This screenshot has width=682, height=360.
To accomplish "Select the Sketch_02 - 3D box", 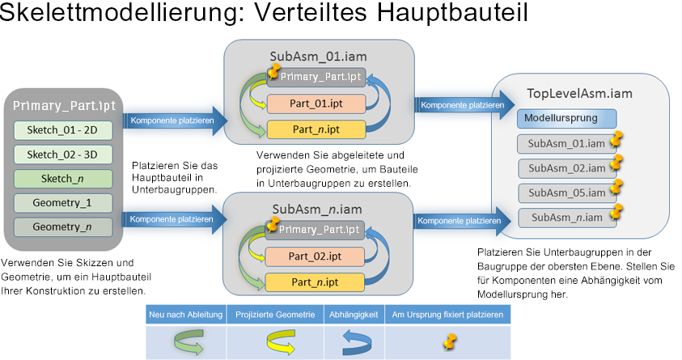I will pos(63,155).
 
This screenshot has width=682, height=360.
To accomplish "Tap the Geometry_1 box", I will pos(63,202).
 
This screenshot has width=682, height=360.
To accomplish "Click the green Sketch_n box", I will pos(63,178).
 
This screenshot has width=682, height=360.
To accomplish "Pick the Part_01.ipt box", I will pos(316,104).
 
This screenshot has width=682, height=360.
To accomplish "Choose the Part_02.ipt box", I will pos(316,256).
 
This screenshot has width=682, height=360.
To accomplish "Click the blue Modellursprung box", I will pos(561,118).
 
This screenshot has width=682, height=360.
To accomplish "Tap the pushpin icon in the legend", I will pos(449,341).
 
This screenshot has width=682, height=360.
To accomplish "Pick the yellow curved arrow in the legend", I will pos(275,341).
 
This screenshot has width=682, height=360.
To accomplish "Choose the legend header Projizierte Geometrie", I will pos(275,315).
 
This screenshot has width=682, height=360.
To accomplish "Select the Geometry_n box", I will pos(63,227).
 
